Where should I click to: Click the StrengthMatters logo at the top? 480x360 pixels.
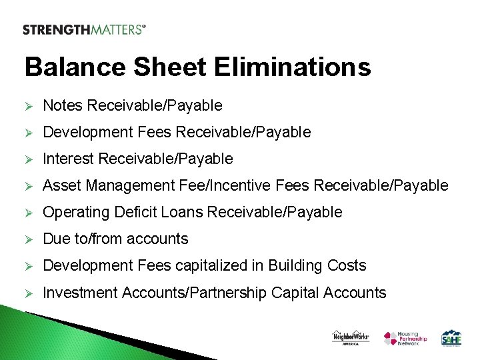tap(84, 29)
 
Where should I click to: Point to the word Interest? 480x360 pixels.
tap(69, 159)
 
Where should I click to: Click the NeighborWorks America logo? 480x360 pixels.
tap(350, 337)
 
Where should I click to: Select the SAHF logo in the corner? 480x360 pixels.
tap(451, 337)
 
